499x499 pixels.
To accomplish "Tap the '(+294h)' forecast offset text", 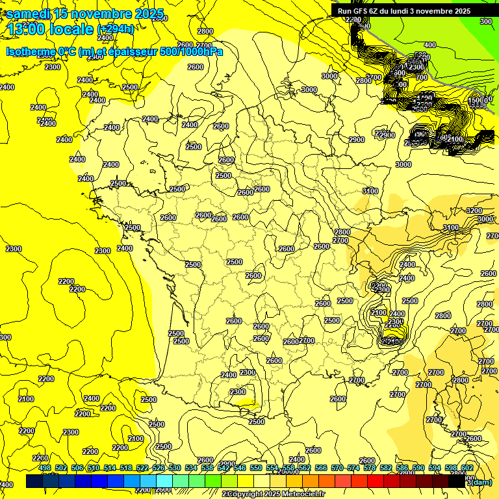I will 116,29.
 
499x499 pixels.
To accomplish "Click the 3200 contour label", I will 474,211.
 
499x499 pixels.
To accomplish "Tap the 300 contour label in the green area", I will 485,21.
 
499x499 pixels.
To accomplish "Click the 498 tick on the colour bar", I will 44,468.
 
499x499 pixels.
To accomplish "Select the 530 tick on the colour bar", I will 175,468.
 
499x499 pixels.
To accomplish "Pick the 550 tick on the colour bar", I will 256,468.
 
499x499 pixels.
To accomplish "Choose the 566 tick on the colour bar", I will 321,468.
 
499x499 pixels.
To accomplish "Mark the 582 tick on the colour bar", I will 386,468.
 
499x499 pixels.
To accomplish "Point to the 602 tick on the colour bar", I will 467,468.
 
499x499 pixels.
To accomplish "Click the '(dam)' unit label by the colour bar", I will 481,482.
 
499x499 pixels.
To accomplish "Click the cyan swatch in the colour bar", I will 165,481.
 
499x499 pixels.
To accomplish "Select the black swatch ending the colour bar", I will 457,481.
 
